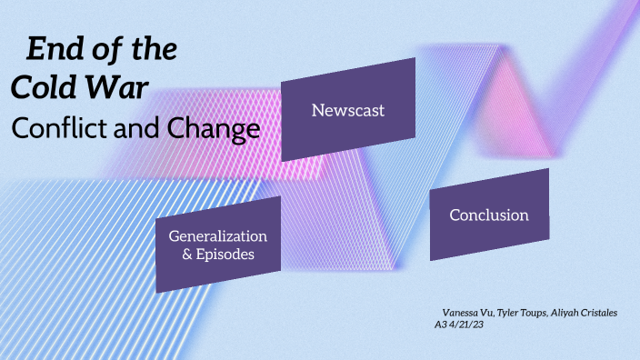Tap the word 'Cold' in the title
tap(41, 88)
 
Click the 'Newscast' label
tap(348, 110)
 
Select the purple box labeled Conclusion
tap(489, 215)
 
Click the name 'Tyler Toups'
tap(525, 313)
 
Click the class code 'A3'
tap(443, 325)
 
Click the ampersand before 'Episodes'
tap(187, 255)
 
